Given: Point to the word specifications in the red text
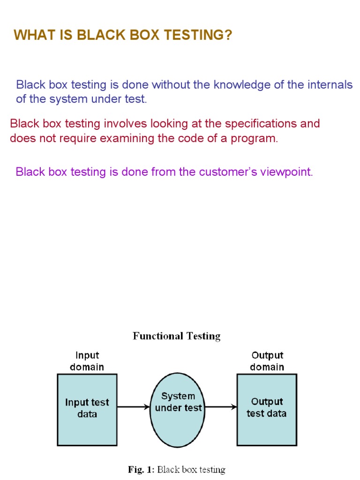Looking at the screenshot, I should (x=261, y=124).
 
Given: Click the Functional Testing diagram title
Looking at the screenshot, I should (x=177, y=336).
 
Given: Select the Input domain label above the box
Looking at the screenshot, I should (x=87, y=361).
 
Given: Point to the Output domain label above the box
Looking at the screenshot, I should (x=267, y=361).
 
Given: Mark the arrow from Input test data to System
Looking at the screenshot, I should (x=134, y=407).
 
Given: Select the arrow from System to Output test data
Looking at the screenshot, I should (x=221, y=407).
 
